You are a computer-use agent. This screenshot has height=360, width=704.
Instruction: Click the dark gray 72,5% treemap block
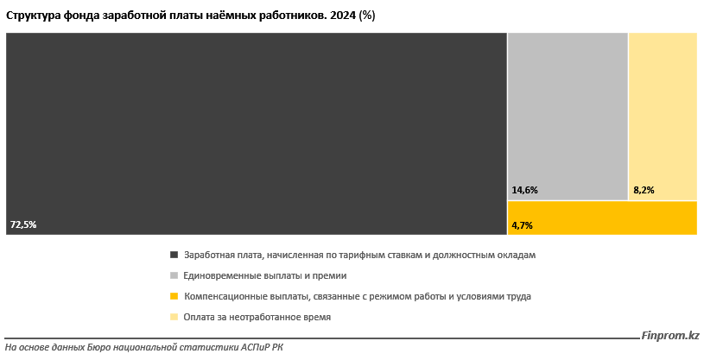256,133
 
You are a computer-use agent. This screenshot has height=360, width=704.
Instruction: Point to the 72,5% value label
23,224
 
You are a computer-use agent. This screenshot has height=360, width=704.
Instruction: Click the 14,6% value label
524,190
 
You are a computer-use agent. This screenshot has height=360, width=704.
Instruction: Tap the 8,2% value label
644,190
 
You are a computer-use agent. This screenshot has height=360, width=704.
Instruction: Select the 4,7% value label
522,225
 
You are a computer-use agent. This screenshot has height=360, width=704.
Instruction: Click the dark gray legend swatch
174,255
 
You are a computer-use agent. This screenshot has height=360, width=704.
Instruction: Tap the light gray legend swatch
174,275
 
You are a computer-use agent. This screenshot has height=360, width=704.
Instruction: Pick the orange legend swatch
174,296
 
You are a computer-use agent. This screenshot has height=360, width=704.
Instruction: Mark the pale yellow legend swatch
174,317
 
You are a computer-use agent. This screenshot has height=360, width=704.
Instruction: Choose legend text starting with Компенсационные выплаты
358,296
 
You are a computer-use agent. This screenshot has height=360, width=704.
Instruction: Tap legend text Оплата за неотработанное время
257,317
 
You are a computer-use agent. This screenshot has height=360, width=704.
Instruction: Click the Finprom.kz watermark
670,336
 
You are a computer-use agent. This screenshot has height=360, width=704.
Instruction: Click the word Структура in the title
33,15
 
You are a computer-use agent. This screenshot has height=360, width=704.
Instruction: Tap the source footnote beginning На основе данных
143,347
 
